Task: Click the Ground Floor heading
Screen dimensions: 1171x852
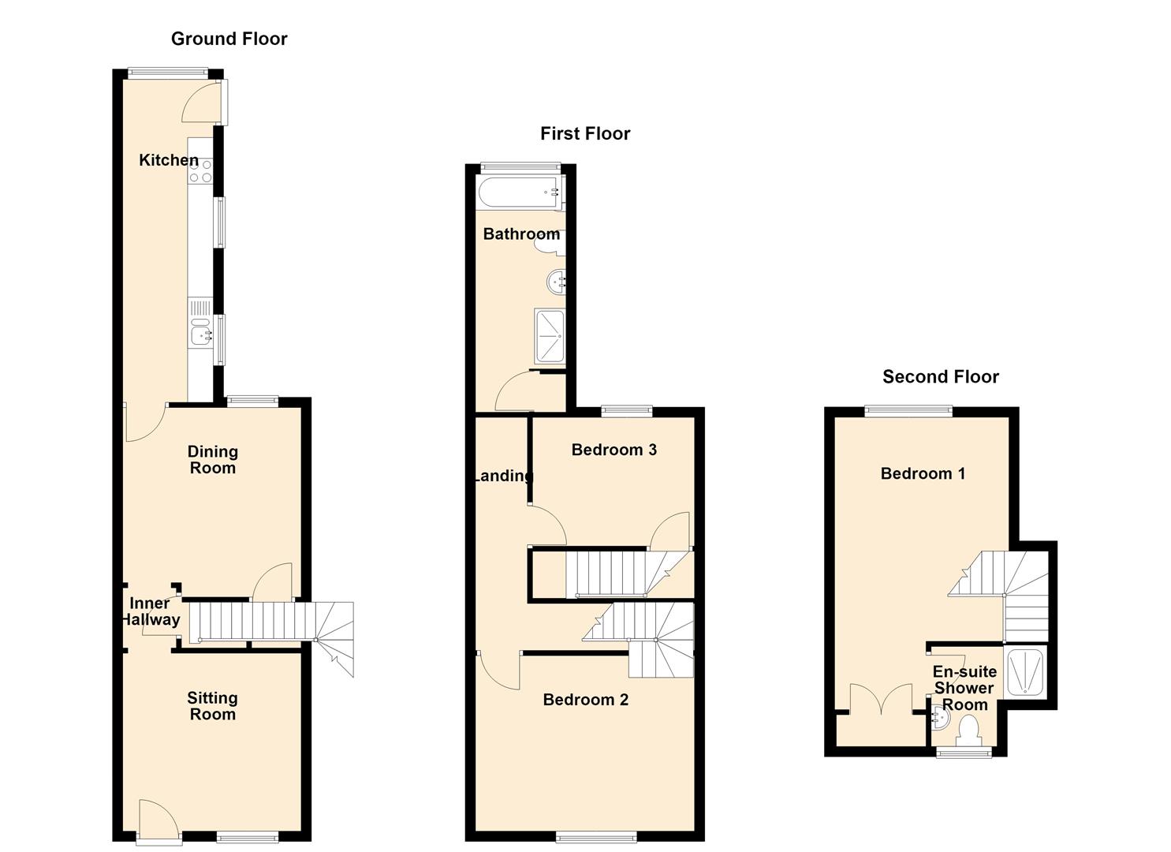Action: pos(229,39)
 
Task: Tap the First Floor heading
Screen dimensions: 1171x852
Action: pos(585,134)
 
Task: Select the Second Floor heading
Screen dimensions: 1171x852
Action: pos(941,376)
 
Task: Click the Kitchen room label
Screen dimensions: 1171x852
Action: pos(168,160)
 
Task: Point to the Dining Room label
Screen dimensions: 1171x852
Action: pos(213,460)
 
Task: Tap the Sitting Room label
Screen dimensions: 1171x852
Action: pos(212,706)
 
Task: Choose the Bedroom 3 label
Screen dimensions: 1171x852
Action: pos(613,450)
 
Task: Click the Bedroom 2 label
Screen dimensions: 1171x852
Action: pos(585,700)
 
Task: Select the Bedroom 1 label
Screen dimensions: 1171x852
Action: pos(923,474)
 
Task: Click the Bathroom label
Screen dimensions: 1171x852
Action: pos(521,234)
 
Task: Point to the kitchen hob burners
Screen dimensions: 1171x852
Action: pos(201,171)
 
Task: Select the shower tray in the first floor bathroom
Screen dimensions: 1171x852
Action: pos(550,336)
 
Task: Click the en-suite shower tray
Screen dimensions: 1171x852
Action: pos(1025,672)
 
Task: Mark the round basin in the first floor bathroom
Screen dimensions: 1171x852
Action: pos(556,282)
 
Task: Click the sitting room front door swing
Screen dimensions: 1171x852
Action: pos(161,820)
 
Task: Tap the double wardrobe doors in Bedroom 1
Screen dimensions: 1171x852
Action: pos(882,699)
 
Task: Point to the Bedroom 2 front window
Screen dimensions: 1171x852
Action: pos(596,838)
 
